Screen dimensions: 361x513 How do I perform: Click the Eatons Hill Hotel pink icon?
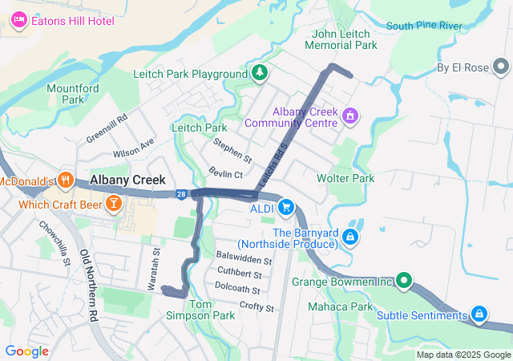click(x=19, y=20)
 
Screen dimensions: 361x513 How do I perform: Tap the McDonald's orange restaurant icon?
click(x=66, y=181)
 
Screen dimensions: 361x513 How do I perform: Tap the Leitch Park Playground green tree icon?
click(x=259, y=74)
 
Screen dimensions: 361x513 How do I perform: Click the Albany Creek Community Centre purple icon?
click(x=349, y=117)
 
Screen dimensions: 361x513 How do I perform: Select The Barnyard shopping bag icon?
click(x=349, y=237)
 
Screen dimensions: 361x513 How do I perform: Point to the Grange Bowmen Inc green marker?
click(x=403, y=282)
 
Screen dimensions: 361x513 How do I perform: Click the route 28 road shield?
click(x=182, y=194)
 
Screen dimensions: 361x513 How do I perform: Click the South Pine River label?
click(x=424, y=26)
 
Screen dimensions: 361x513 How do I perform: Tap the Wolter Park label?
click(x=345, y=177)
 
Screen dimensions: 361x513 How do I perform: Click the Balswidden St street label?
click(x=244, y=260)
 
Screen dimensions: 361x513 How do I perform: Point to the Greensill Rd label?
click(x=107, y=128)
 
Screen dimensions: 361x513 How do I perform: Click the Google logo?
click(x=26, y=351)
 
